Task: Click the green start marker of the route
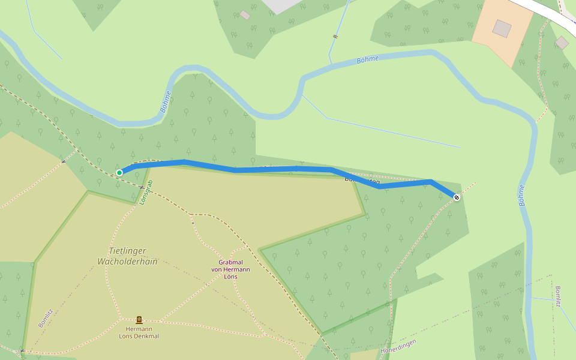[x=119, y=173]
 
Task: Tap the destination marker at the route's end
[x=457, y=197]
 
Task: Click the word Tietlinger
[x=127, y=251]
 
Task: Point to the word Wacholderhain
[x=127, y=262]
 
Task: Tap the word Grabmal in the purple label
[x=230, y=262]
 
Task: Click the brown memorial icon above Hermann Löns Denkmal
[x=139, y=320]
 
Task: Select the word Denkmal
[x=147, y=336]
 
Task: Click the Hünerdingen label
[x=398, y=346]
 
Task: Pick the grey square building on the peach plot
[x=502, y=28]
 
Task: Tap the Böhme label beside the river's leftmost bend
[x=166, y=101]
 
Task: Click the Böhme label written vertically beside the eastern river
[x=521, y=196]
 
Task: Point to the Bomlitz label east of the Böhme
[x=557, y=296]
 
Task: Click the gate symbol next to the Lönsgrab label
[x=141, y=187]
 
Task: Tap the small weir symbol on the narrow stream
[x=335, y=37]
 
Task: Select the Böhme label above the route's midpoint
[x=368, y=59]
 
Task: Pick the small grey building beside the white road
[x=562, y=43]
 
